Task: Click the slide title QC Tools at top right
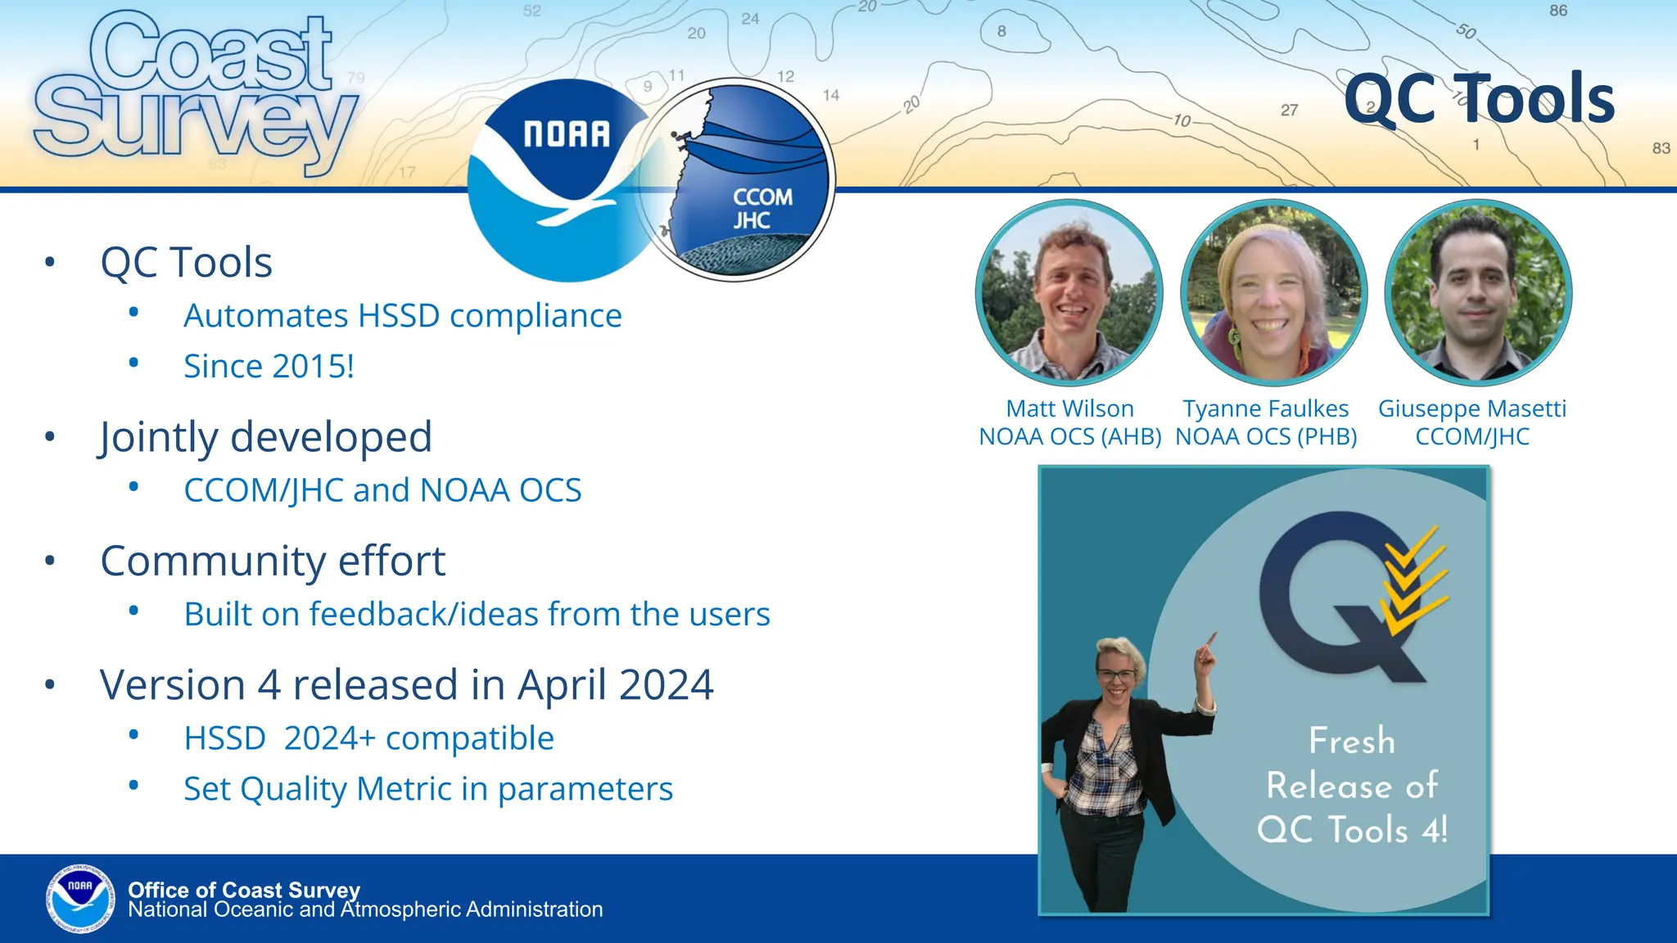1479,99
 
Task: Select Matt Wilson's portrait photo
1069,293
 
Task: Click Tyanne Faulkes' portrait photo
1273,293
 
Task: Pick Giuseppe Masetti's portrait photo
1478,293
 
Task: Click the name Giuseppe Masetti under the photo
1471,408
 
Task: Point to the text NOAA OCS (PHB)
1266,437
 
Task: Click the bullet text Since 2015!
269,366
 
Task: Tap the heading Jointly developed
265,436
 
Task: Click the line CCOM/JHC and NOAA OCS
382,490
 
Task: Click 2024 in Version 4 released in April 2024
667,685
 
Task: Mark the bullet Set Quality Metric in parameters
427,789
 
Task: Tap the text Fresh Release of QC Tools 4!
1352,785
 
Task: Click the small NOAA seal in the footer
80,898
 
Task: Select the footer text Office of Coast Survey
244,889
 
